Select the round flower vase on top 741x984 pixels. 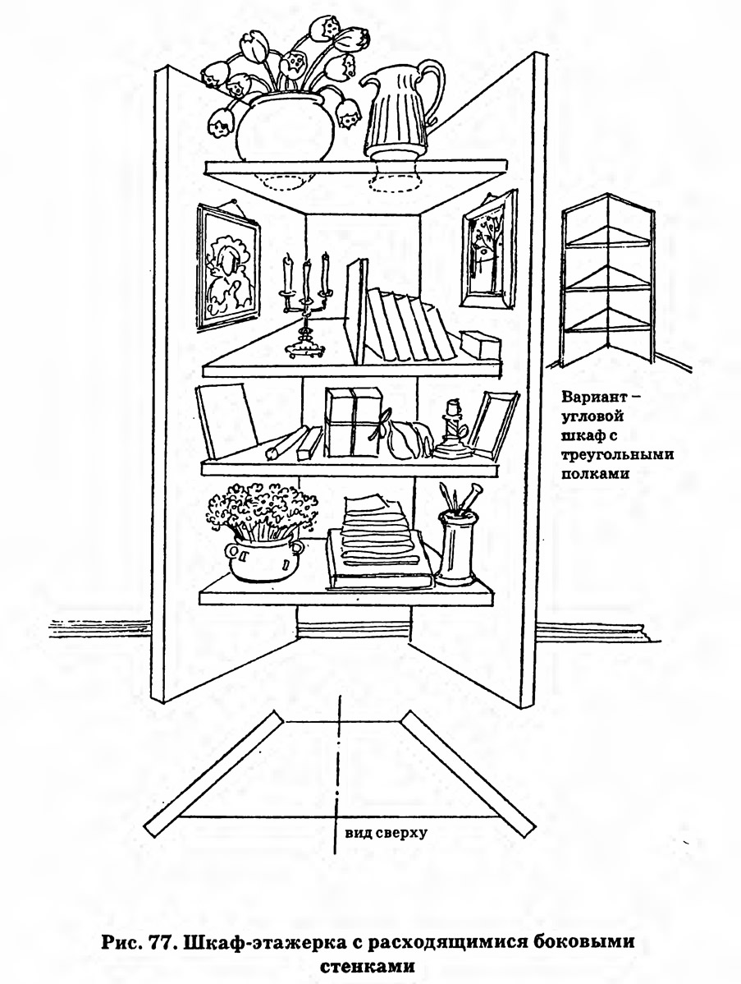tap(286, 128)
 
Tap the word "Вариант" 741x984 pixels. tap(593, 398)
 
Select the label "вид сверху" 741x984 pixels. tap(385, 833)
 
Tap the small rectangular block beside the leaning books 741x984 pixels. tap(481, 344)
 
